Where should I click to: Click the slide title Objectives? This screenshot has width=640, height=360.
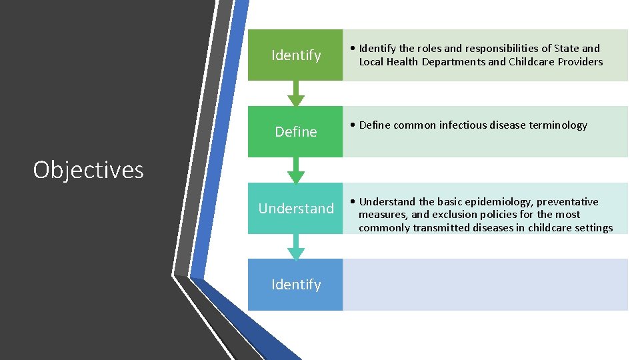[88, 170]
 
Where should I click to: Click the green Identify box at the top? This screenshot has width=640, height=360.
[295, 55]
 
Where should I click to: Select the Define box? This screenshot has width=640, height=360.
[295, 132]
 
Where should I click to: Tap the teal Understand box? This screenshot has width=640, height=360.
[295, 209]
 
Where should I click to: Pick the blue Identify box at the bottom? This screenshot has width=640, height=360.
[295, 285]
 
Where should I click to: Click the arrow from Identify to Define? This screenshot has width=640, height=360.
[295, 94]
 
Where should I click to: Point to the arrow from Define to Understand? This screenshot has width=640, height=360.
[295, 171]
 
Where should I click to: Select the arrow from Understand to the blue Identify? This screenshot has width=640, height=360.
[295, 247]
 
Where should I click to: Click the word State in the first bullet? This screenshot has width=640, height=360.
[567, 49]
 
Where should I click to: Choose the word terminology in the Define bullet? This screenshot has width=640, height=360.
[557, 125]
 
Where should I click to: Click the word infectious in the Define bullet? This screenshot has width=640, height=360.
[462, 125]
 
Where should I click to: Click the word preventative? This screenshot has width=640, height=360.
[567, 202]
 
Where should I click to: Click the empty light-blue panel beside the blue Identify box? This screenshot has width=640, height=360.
[485, 285]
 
